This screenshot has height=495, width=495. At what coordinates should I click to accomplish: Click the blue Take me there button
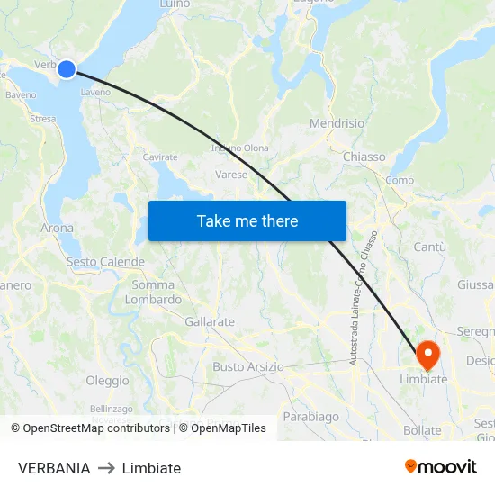[x=247, y=220]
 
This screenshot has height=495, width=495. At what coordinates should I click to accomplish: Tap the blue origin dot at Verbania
[x=67, y=68]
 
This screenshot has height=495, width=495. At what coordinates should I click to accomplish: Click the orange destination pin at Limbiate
[x=427, y=355]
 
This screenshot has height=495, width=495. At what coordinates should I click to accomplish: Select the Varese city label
[x=231, y=175]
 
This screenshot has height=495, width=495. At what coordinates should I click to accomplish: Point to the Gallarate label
[x=209, y=321]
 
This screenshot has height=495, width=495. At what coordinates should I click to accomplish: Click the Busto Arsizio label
[x=247, y=367]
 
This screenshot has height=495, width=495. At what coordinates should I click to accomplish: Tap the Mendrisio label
[x=337, y=123]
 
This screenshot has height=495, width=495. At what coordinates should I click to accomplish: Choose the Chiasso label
[x=364, y=157]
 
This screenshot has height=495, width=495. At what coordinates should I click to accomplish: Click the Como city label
[x=399, y=180]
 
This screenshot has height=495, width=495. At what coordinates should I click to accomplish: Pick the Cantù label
[x=429, y=247]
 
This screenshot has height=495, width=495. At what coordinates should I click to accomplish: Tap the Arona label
[x=57, y=229]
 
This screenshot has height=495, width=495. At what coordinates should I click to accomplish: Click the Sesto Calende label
[x=105, y=262]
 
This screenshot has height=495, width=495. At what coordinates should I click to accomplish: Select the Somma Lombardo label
[x=153, y=292]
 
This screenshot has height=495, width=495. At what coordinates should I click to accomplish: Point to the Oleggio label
[x=107, y=381]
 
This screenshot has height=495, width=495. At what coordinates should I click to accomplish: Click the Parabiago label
[x=310, y=417]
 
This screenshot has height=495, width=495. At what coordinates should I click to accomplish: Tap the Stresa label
[x=42, y=118]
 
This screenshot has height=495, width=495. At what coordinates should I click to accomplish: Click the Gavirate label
[x=159, y=157]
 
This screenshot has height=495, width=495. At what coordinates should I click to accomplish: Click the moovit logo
[x=440, y=467]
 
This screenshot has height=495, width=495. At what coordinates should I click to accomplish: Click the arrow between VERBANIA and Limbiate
[x=106, y=468]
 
